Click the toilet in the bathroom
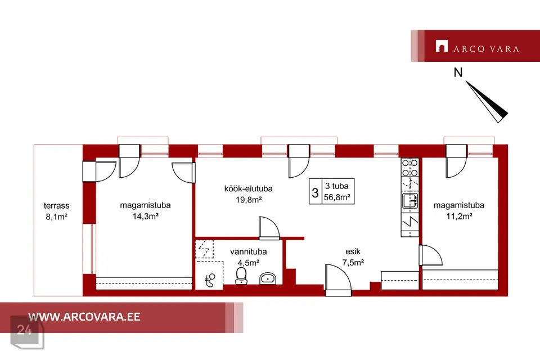pyautogui.click(x=241, y=276)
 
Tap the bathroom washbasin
pyautogui.click(x=268, y=278)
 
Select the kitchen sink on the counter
pyautogui.click(x=410, y=200)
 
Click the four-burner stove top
pyautogui.click(x=410, y=168)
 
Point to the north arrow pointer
pyautogui.click(x=487, y=102)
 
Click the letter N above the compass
pyautogui.click(x=458, y=73)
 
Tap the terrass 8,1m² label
pyautogui.click(x=56, y=211)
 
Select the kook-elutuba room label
pyautogui.click(x=248, y=189)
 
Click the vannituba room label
pyautogui.click(x=248, y=252)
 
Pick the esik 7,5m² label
pyautogui.click(x=353, y=257)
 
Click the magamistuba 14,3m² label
pyautogui.click(x=145, y=210)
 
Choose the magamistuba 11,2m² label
pyautogui.click(x=459, y=210)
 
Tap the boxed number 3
pyautogui.click(x=315, y=192)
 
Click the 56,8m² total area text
pyautogui.click(x=337, y=197)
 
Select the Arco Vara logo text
pyautogui.click(x=486, y=49)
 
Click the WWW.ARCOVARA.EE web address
pyautogui.click(x=84, y=317)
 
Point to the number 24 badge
pyautogui.click(x=24, y=330)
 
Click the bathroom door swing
pyautogui.click(x=269, y=228)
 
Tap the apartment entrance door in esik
pyautogui.click(x=338, y=280)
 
